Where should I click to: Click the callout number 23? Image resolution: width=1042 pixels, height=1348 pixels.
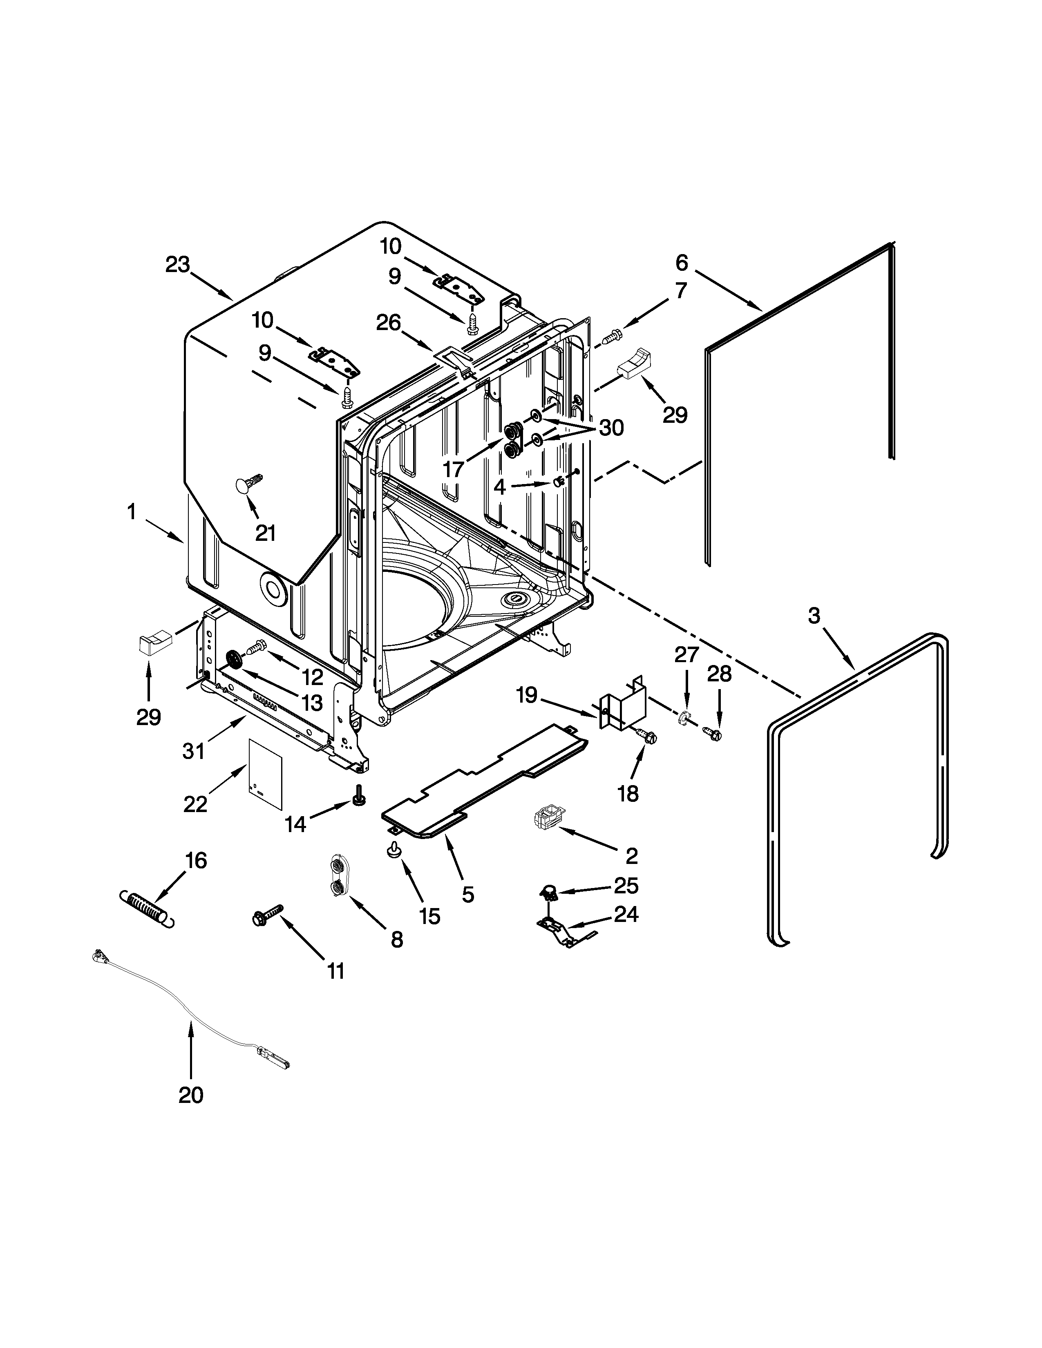[177, 265]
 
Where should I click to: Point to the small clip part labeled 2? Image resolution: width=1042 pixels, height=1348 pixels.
[546, 819]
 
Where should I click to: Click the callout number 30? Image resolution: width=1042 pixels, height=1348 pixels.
[611, 428]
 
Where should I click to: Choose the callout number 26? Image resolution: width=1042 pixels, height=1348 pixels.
[389, 323]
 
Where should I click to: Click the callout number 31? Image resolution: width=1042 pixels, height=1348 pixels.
[193, 751]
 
